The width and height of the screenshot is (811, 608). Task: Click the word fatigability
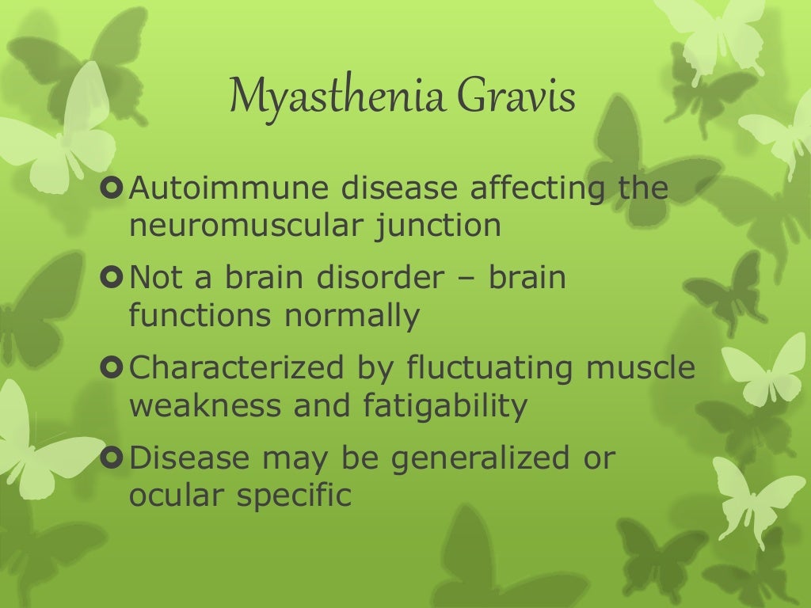tap(445, 406)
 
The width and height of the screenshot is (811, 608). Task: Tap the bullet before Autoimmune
tap(112, 190)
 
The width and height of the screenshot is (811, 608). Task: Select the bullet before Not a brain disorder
tap(112, 279)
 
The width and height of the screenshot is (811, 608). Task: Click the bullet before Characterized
tap(112, 369)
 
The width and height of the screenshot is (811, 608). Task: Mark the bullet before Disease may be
tap(112, 458)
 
